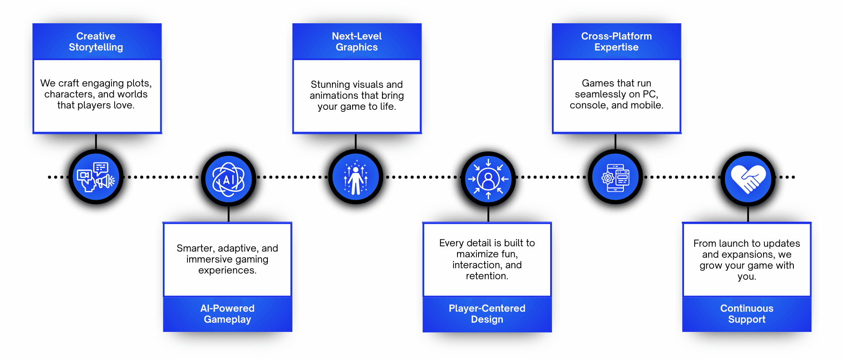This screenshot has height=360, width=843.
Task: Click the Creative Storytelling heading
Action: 96,42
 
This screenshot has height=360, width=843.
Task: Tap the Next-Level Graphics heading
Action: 357,42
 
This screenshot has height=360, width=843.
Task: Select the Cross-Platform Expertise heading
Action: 616,42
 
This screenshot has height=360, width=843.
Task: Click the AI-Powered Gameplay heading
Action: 227,314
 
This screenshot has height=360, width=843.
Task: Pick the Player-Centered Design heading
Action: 487,314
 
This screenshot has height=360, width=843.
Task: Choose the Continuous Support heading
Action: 746,314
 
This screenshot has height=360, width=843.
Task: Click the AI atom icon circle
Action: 228,179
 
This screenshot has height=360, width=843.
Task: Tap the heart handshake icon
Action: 748,178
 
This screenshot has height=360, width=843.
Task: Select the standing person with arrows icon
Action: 356,177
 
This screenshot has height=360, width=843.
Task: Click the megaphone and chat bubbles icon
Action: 96,177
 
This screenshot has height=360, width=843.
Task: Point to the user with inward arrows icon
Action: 488,179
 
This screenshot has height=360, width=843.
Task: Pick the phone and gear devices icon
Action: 616,177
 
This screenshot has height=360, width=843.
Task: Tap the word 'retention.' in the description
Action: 487,276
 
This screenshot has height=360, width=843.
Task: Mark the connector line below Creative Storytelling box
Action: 96,141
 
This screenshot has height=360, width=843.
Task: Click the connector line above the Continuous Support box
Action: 748,214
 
